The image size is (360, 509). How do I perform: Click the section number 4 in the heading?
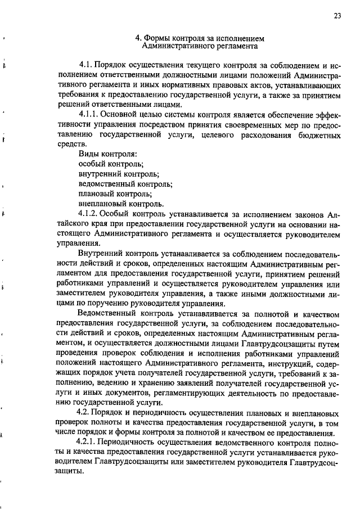click(x=138, y=39)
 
